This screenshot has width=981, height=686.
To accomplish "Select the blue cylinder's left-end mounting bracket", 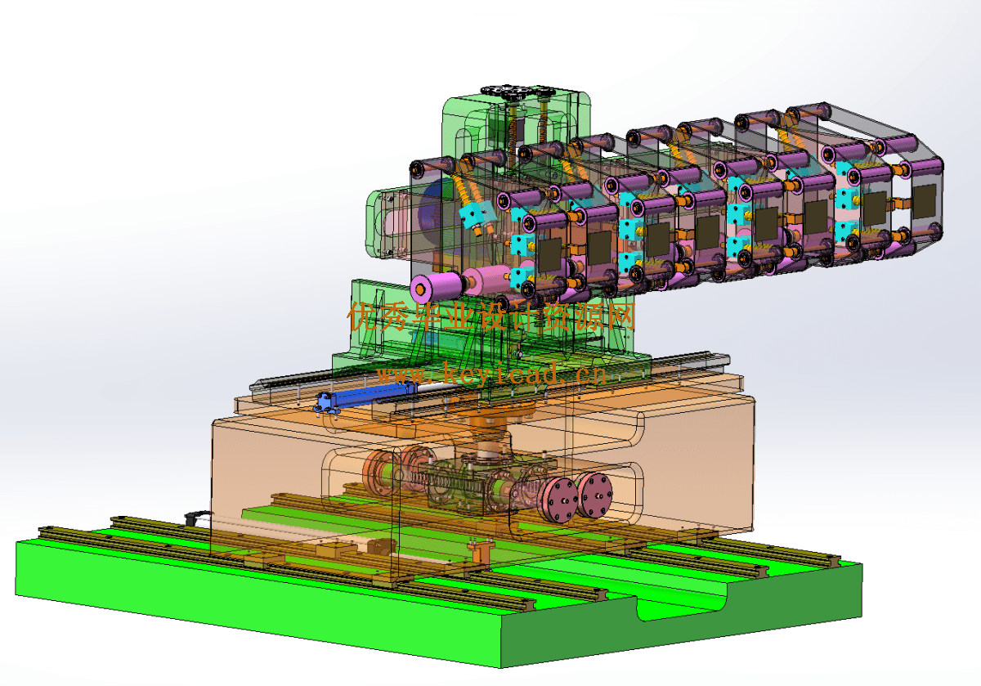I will click(x=323, y=403).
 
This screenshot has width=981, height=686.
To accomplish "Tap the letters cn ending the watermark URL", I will click(x=589, y=374).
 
